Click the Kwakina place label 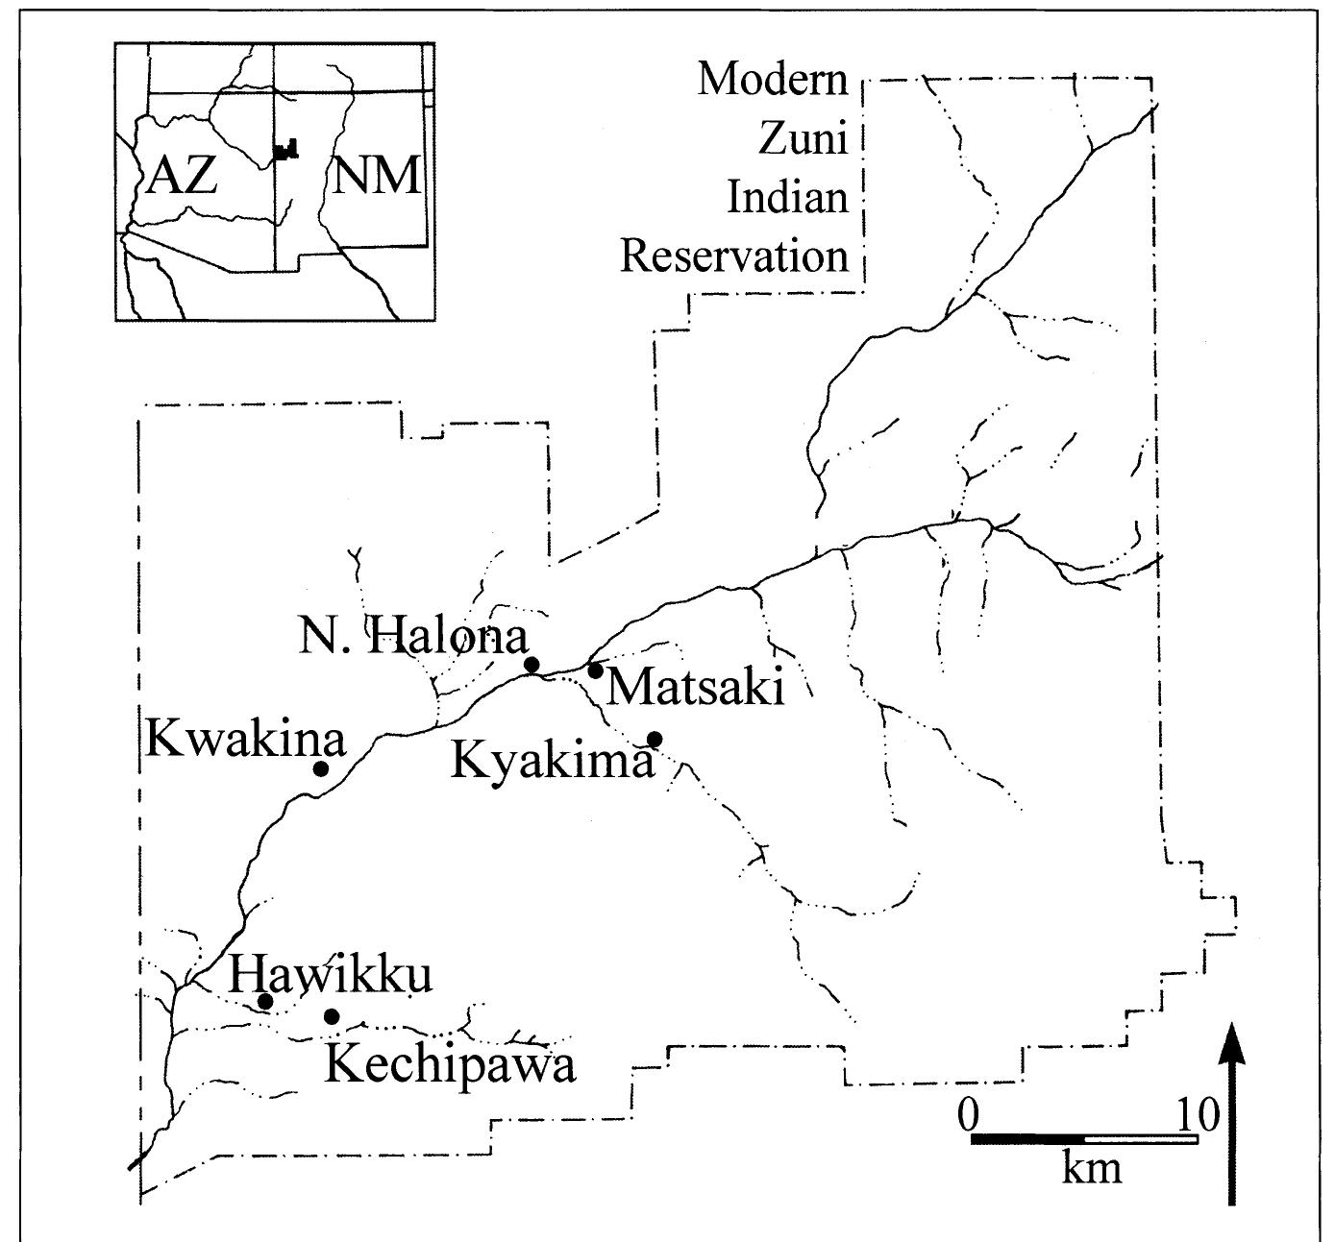(245, 740)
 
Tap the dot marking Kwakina (321, 768)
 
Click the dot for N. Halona (532, 664)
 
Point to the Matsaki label (696, 688)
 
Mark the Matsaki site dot (595, 670)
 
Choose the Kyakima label (553, 761)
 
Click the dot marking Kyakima (655, 739)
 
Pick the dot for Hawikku (266, 1002)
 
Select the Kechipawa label (450, 1065)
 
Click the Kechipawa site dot (332, 1016)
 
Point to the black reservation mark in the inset (285, 150)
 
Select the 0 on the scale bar (970, 1116)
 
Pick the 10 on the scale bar (1197, 1116)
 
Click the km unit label (1092, 1167)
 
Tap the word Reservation (735, 256)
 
